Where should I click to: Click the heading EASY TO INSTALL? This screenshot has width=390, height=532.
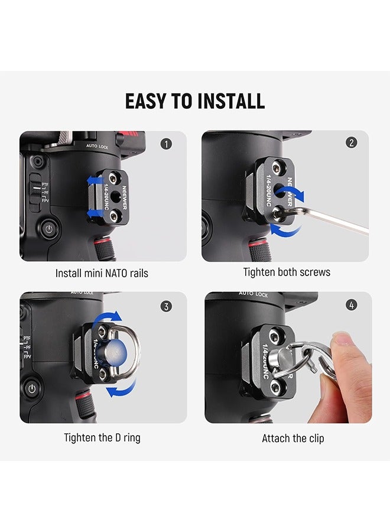195,101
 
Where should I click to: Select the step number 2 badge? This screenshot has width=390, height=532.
351,142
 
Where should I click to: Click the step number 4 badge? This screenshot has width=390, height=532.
352,306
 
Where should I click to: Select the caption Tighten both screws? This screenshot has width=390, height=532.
287,272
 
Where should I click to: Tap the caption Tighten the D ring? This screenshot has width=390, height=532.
102,438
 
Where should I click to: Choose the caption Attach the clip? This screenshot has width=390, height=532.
293,438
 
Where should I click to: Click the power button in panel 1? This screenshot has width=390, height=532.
50,228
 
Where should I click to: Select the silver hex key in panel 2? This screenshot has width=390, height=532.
331,219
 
